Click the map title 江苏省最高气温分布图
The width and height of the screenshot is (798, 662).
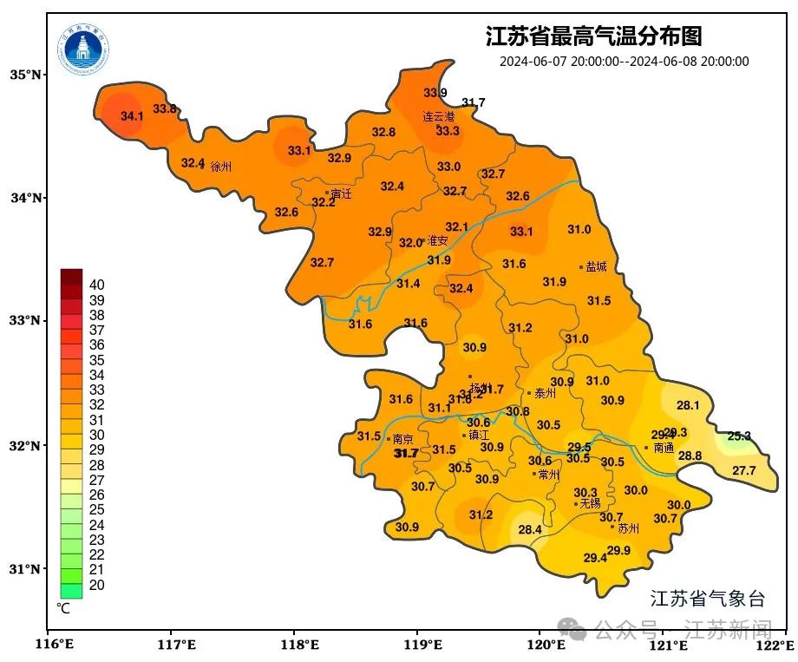[x=593, y=37]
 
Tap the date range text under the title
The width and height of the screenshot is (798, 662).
[x=624, y=62]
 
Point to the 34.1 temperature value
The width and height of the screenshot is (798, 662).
[x=132, y=116]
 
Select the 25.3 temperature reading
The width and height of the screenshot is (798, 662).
[x=739, y=436]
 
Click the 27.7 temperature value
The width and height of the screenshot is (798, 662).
[x=743, y=471]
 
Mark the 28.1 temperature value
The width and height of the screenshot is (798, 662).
[x=688, y=405]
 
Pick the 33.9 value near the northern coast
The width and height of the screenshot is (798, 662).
[x=435, y=93]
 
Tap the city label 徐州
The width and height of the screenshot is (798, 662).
[x=221, y=167]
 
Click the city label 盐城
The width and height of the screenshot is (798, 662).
[x=597, y=267]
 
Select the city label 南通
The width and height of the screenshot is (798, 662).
[x=664, y=449]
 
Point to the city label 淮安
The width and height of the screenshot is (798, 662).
[x=437, y=241]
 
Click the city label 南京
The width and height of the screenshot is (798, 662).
[x=402, y=439]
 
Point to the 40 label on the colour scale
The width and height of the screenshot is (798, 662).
[x=97, y=285]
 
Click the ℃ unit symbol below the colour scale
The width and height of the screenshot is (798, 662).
[x=63, y=608]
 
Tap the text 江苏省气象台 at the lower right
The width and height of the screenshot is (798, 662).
[x=708, y=598]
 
